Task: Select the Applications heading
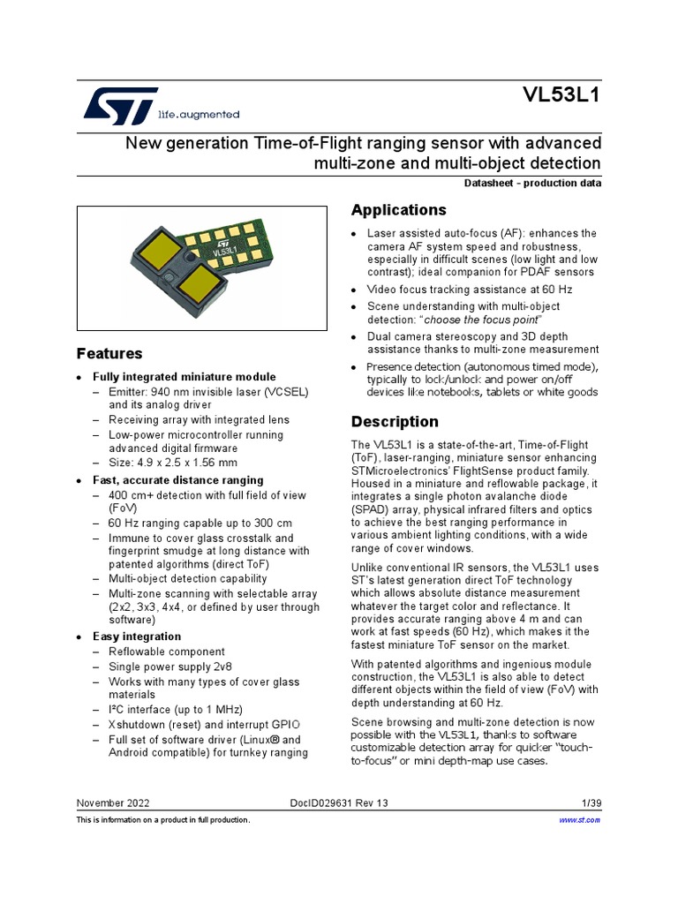click(x=398, y=210)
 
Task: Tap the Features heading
click(x=109, y=353)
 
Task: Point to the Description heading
click(x=395, y=421)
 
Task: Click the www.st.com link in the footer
click(x=580, y=820)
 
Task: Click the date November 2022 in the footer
click(x=113, y=803)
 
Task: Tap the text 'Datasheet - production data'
click(x=532, y=184)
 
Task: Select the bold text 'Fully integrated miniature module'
click(x=185, y=377)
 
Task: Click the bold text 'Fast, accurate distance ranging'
click(x=177, y=480)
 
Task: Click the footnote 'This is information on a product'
click(x=163, y=820)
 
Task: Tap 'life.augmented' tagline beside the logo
click(x=199, y=115)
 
